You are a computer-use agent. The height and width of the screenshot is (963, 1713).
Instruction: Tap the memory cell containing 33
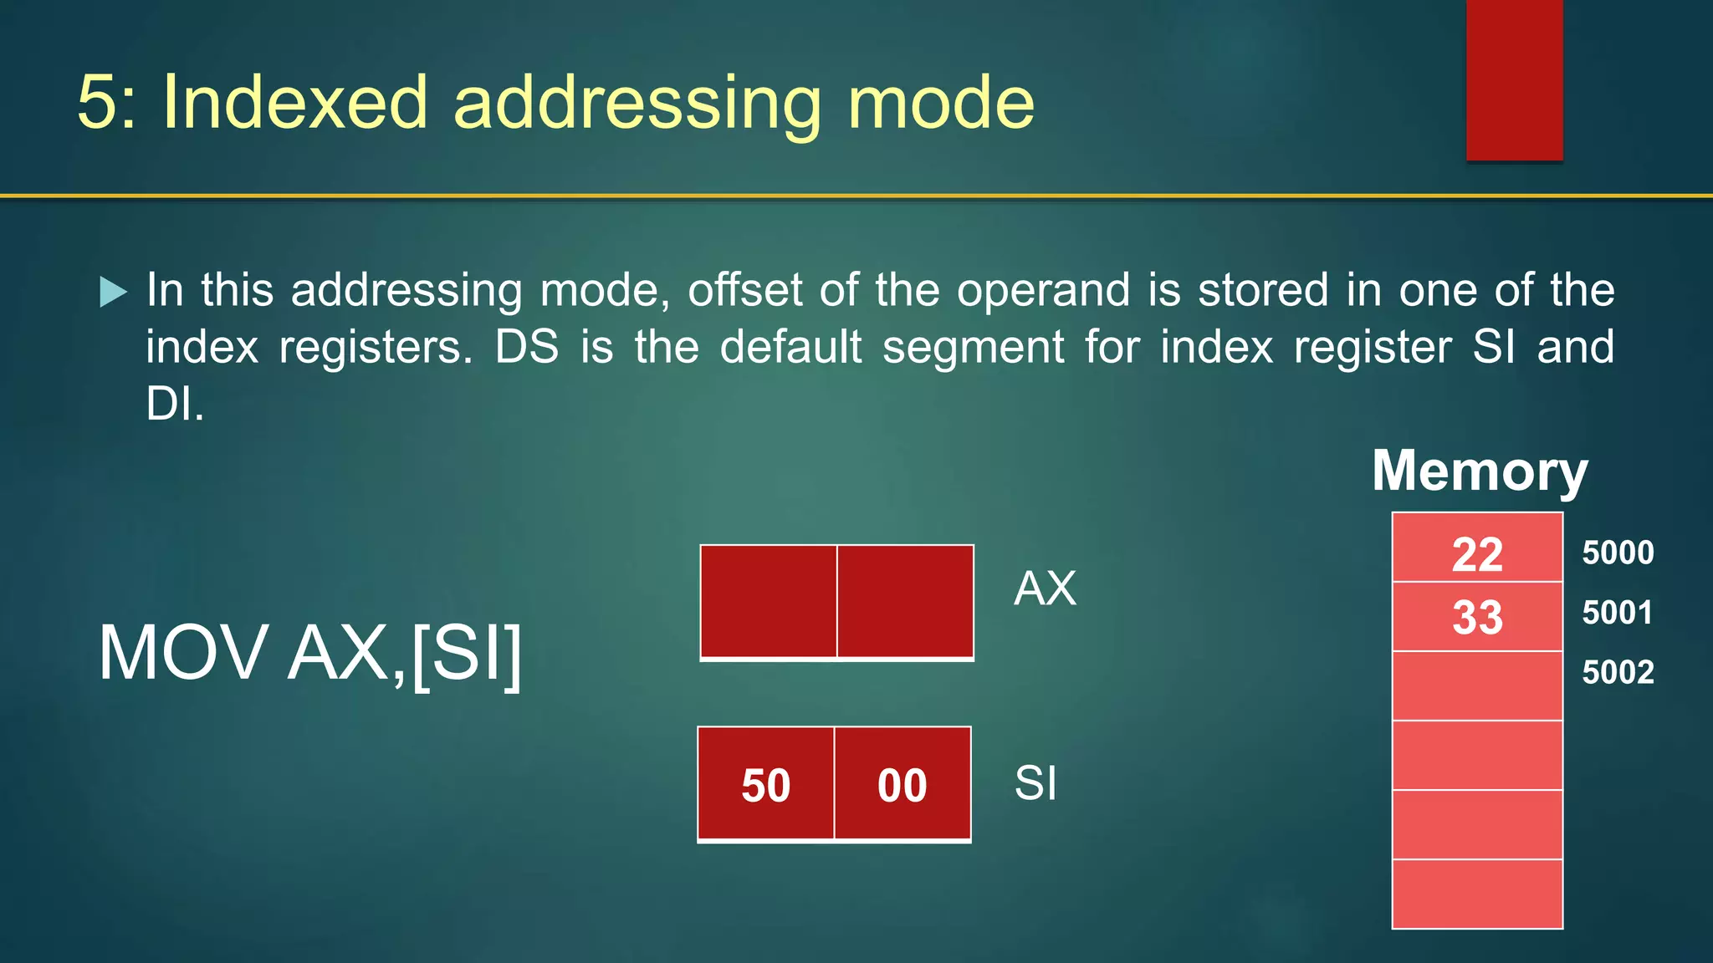[1477, 617]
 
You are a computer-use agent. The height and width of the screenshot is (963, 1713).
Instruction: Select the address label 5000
[1618, 553]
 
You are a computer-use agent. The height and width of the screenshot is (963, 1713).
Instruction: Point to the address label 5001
[1618, 613]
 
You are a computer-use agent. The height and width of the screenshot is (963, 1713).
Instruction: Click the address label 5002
[1618, 672]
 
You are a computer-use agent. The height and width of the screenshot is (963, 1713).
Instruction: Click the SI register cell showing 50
[765, 784]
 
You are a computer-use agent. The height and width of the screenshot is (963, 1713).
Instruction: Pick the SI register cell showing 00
[903, 784]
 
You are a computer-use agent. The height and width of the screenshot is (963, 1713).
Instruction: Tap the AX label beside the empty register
[1045, 588]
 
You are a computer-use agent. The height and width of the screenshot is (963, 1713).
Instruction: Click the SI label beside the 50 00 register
[1035, 783]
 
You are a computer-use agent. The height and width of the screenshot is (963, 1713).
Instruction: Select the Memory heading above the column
[1480, 471]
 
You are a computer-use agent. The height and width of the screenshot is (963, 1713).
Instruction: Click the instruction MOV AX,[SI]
[310, 654]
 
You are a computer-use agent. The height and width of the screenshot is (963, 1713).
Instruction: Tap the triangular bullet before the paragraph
[113, 292]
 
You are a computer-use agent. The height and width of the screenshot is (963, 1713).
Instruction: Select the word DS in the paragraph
[526, 347]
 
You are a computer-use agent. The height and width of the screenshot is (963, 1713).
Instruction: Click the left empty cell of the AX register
[769, 601]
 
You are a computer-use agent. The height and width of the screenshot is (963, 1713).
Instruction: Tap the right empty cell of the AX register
[905, 601]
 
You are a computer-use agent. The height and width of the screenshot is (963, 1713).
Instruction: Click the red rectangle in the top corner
[1514, 79]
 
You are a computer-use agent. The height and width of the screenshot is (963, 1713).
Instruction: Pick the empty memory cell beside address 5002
[1477, 685]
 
